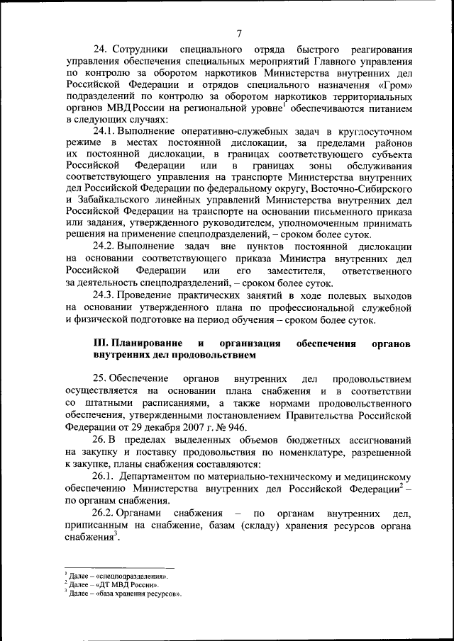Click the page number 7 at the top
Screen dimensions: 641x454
pos(240,33)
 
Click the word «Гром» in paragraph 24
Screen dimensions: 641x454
pos(395,84)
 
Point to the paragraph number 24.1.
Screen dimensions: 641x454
pos(105,132)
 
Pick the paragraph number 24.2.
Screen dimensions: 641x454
pos(105,246)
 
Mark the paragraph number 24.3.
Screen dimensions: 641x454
pos(105,294)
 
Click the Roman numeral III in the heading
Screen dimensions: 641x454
pos(101,343)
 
